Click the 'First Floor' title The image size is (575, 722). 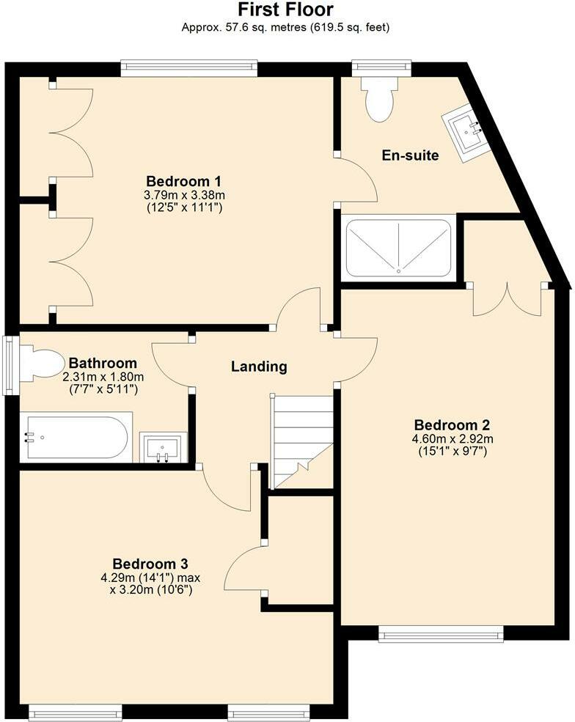[x=285, y=10]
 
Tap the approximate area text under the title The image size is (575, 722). [x=285, y=28]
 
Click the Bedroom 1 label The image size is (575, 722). [x=184, y=181]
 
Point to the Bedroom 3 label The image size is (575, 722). [x=150, y=564]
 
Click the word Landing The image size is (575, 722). [x=259, y=366]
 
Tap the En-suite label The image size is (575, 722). [x=410, y=155]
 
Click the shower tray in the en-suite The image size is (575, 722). [x=399, y=247]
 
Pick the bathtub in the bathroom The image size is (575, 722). [x=76, y=438]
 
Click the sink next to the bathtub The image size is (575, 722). [x=163, y=447]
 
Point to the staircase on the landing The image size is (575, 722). [x=302, y=441]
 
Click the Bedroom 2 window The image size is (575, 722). [x=441, y=634]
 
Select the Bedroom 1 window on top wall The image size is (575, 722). [x=188, y=68]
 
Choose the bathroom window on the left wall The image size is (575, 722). [x=10, y=365]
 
